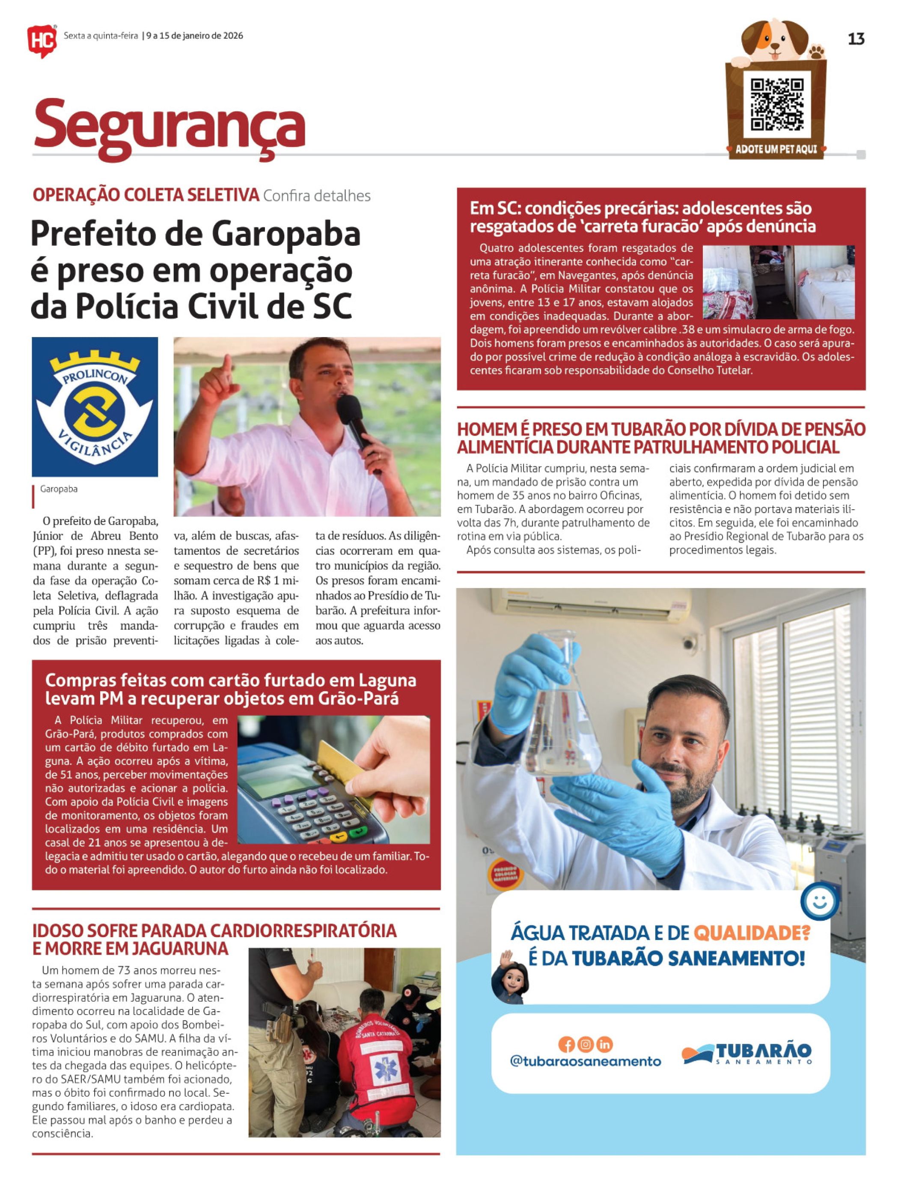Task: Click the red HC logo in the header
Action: [x=42, y=40]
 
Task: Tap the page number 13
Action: [x=856, y=39]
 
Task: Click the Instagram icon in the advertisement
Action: [x=586, y=1044]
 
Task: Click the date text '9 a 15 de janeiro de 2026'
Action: [x=194, y=36]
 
